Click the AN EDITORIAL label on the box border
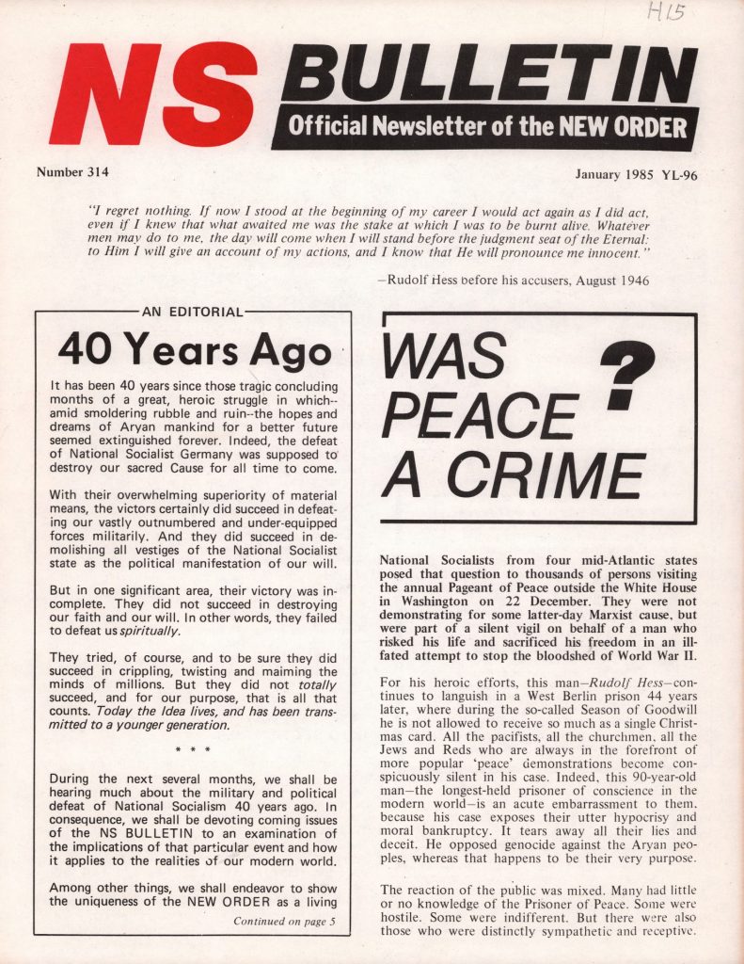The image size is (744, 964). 192,312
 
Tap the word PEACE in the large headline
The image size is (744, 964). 479,415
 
